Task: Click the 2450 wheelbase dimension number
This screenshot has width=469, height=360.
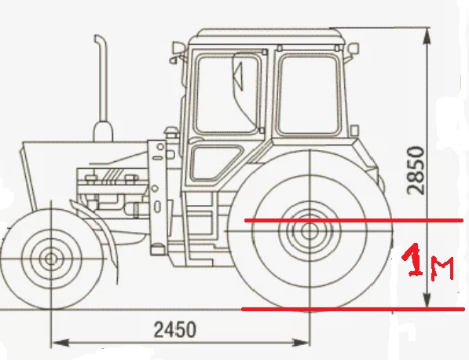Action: point(175,329)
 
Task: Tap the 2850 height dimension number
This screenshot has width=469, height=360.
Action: point(416,171)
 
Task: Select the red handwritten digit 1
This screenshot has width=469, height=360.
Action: point(413,259)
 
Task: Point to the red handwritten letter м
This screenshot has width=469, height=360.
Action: point(442,269)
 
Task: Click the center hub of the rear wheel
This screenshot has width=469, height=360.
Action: point(310,231)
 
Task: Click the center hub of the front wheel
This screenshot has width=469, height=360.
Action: point(51,259)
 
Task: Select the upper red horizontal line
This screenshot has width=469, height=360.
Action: point(354,221)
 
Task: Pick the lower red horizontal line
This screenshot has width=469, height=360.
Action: point(353,309)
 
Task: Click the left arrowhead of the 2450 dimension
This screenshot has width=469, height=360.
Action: point(60,343)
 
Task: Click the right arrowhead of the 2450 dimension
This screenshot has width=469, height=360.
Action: point(301,343)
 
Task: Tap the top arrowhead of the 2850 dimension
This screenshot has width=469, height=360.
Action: point(428,36)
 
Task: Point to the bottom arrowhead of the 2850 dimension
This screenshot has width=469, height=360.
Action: point(428,299)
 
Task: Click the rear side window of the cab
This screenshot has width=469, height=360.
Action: point(309,94)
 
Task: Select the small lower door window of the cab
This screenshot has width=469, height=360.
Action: point(214,162)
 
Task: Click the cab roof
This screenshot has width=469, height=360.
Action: point(266,36)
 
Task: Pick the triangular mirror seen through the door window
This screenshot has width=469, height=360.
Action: point(238,76)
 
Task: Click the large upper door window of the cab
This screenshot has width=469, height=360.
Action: point(226,94)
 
